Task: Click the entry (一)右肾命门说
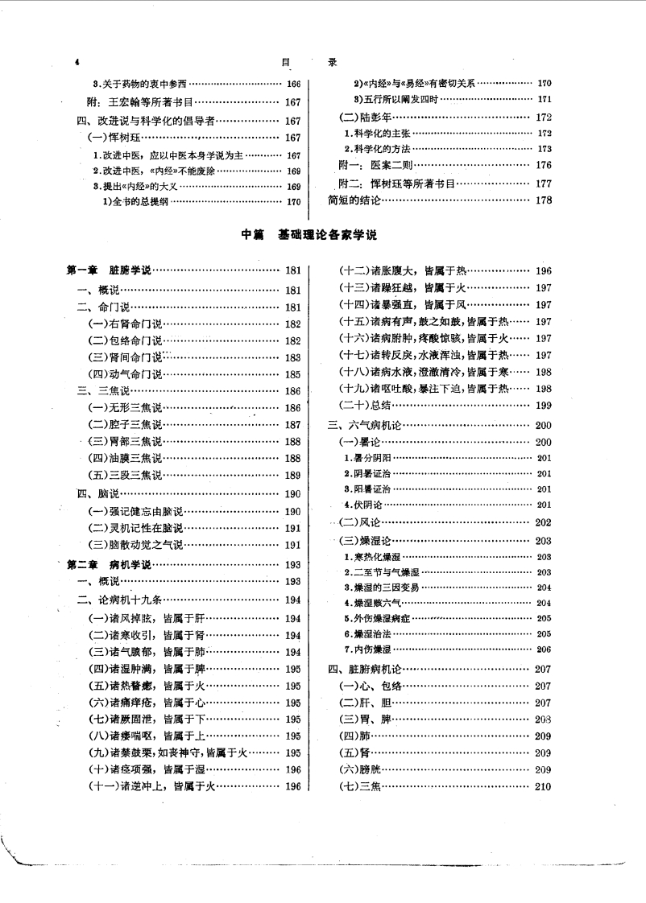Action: pyautogui.click(x=125, y=324)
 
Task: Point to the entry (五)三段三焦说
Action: pyautogui.click(x=125, y=475)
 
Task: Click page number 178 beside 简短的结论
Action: pyautogui.click(x=544, y=200)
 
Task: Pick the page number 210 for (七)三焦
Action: pyautogui.click(x=543, y=786)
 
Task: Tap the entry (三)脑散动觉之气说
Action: pyautogui.click(x=136, y=545)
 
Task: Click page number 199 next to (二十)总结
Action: pyautogui.click(x=543, y=405)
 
